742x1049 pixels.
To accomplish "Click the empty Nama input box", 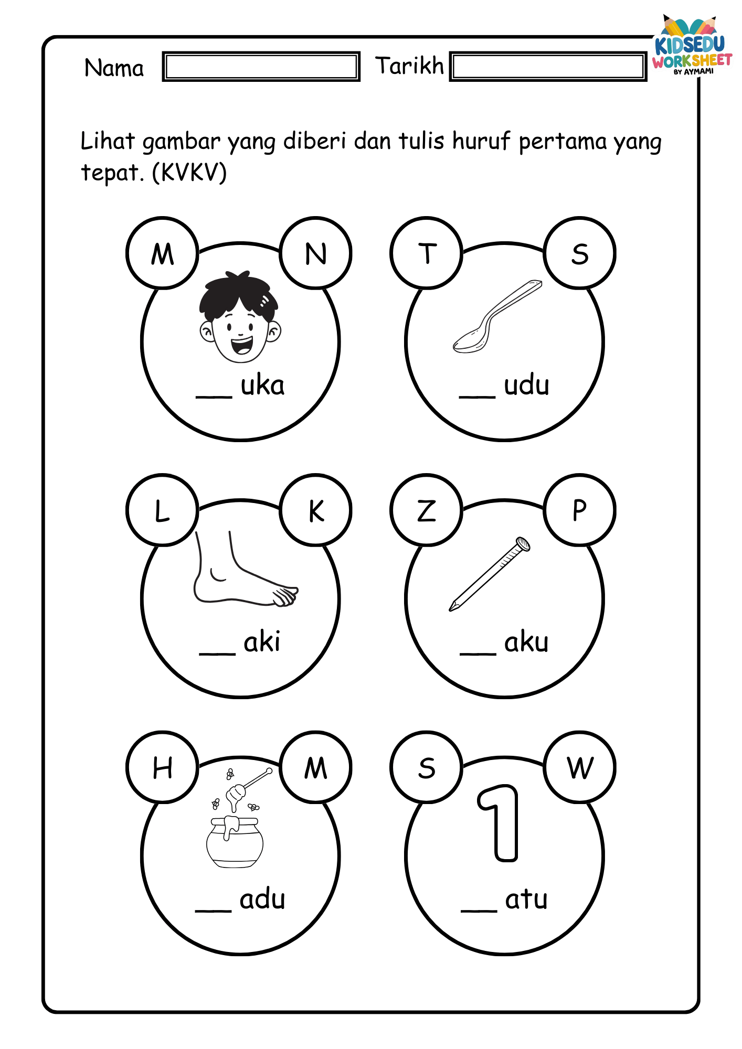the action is [x=261, y=67].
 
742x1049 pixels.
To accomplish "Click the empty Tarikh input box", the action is [x=548, y=67].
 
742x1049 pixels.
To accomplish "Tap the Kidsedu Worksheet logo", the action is [x=692, y=46].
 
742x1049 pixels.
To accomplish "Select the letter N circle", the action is [x=316, y=253].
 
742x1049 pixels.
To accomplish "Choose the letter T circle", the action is [x=427, y=253].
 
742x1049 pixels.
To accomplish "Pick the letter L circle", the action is [x=163, y=510].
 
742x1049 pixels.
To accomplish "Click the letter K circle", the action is [x=316, y=510].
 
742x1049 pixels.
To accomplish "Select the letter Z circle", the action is [x=427, y=510].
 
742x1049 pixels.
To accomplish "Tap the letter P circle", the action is [x=580, y=510].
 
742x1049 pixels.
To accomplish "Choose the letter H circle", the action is [x=163, y=767].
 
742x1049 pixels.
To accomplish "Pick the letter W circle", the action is [x=580, y=767].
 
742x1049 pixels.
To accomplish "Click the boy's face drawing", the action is [x=240, y=317].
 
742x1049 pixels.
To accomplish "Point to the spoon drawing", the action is [x=497, y=316].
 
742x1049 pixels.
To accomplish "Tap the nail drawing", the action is [x=490, y=574].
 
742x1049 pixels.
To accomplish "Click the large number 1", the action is [x=499, y=823].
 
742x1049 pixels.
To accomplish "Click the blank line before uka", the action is [x=214, y=397].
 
